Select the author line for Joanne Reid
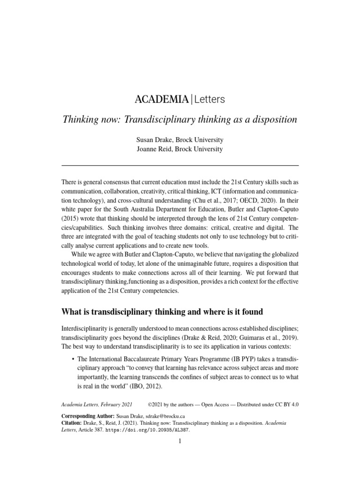pos(180,150)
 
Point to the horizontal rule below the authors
pos(180,165)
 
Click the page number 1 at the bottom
pos(180,442)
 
